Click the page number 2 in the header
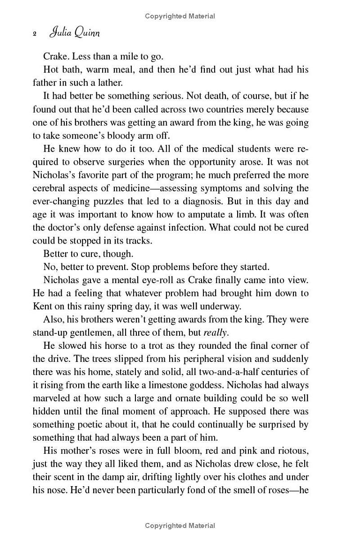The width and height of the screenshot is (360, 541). click(x=35, y=34)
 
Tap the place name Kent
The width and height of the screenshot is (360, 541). click(x=42, y=307)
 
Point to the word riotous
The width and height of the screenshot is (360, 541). click(x=288, y=451)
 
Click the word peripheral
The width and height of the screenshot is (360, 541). click(x=170, y=359)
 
